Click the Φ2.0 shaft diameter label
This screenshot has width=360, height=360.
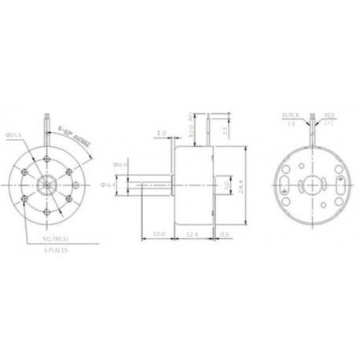click(119, 164)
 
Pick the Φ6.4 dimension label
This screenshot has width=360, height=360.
click(110, 185)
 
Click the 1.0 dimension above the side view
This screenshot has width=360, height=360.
click(161, 134)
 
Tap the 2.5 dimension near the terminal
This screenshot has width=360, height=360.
click(225, 129)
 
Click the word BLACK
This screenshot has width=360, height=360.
click(290, 115)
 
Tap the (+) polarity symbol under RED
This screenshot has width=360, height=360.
click(328, 123)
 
